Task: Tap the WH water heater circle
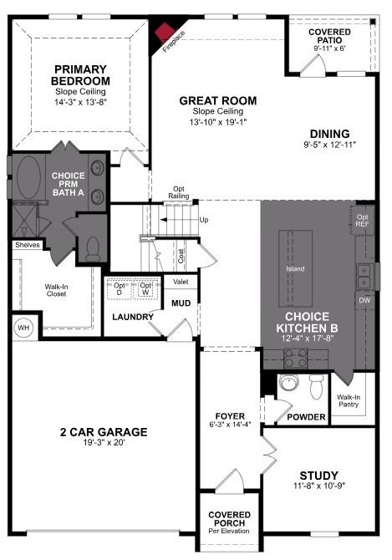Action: [x=23, y=327]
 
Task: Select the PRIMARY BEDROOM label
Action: [x=83, y=74]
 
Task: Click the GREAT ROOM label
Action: [x=218, y=101]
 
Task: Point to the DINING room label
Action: [x=329, y=133]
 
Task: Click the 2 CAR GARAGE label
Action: [x=104, y=432]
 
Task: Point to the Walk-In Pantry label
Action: [x=348, y=402]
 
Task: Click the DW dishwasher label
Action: [x=364, y=299]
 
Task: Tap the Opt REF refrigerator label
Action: [x=363, y=220]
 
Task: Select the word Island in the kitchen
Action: [x=294, y=269]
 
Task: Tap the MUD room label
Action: [x=181, y=303]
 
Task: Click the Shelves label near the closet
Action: [x=27, y=245]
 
